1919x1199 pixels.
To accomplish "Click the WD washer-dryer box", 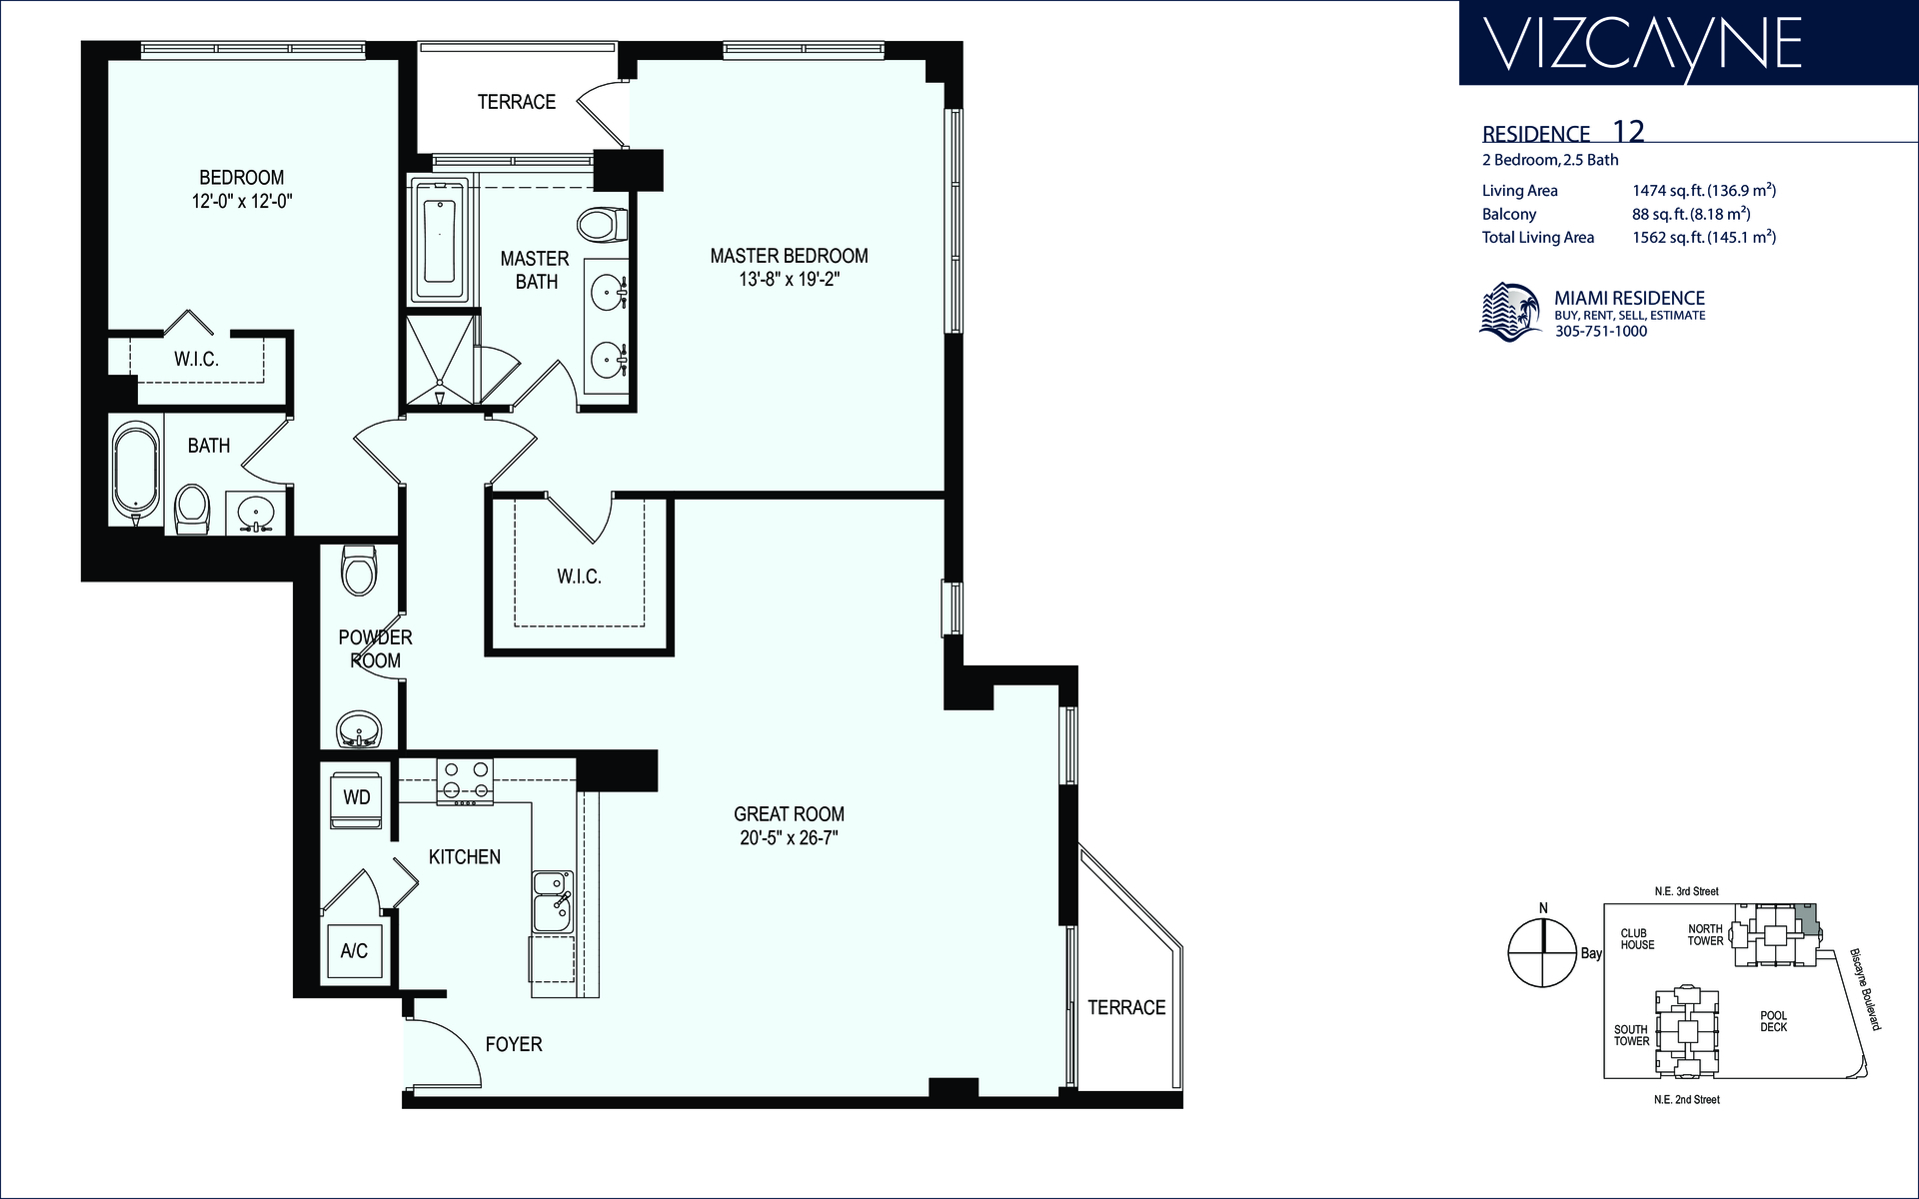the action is pyautogui.click(x=356, y=798).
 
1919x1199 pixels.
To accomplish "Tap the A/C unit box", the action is pyautogui.click(x=354, y=951).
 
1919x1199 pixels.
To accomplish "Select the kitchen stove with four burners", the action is pyautogui.click(x=466, y=781).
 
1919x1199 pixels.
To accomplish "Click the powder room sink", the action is pyautogui.click(x=358, y=728).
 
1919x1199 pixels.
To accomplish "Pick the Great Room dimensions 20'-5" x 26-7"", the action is pyautogui.click(x=789, y=838).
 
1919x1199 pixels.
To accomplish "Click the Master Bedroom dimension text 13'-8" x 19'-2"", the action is pyautogui.click(x=789, y=280).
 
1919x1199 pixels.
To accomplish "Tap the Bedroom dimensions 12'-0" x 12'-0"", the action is pyautogui.click(x=242, y=201).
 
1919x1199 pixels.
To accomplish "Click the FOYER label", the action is pyautogui.click(x=514, y=1044).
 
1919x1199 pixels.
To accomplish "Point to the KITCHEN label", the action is pyautogui.click(x=465, y=856).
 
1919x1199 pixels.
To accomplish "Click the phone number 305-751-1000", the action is pyautogui.click(x=1601, y=332).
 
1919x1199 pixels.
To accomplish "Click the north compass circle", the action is pyautogui.click(x=1543, y=951).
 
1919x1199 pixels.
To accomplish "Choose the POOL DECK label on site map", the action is pyautogui.click(x=1774, y=1021).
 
